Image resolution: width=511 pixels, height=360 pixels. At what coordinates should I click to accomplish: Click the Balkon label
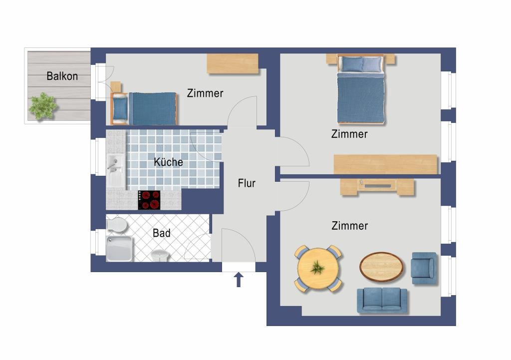click(x=62, y=76)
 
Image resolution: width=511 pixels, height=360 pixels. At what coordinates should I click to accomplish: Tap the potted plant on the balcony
click(x=43, y=106)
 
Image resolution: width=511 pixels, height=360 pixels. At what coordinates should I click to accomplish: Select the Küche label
click(x=168, y=162)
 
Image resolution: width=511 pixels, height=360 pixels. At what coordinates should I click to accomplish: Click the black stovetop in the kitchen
click(x=149, y=200)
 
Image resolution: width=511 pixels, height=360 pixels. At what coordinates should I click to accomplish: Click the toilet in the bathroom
click(x=116, y=225)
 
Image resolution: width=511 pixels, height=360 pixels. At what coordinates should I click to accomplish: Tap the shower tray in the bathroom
click(x=119, y=249)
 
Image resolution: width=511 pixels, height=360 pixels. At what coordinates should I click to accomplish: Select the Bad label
click(x=161, y=233)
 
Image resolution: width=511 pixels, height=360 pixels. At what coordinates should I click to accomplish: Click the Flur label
click(x=247, y=183)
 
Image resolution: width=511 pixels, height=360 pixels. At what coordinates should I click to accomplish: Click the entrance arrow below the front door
click(x=239, y=280)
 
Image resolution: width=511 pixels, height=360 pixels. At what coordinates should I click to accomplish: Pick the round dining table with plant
click(x=318, y=268)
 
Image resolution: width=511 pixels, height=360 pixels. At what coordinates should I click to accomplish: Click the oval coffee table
click(x=381, y=267)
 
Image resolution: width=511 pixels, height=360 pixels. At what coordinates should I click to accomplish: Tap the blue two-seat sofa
click(x=382, y=301)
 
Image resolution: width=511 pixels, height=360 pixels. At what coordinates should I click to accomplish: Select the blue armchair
click(x=424, y=268)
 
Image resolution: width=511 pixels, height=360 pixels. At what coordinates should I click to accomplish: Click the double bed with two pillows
click(x=360, y=89)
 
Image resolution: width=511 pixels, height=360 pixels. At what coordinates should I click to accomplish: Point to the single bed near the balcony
click(x=144, y=108)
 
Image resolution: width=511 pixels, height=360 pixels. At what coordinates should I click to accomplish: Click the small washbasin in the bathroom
click(x=160, y=256)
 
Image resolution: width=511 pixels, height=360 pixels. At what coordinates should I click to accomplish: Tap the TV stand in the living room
click(x=377, y=187)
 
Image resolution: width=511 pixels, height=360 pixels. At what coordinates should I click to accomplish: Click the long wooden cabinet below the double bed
click(x=385, y=164)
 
